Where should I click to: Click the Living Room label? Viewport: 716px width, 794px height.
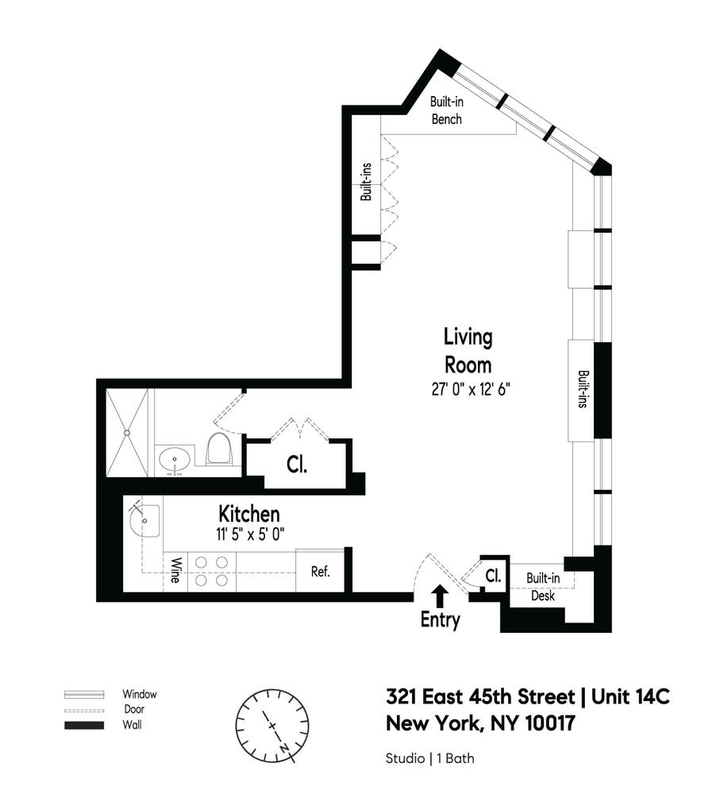coord(468,351)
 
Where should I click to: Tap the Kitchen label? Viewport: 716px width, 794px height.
coord(249,514)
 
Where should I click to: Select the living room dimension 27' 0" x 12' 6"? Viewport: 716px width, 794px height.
coord(471,389)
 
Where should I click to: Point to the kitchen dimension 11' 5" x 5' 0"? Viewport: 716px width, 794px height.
coord(248,534)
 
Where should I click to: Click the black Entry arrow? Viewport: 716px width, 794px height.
coord(440,596)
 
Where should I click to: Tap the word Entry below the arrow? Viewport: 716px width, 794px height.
coord(440,619)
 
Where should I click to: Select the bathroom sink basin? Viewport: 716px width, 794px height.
coord(175,461)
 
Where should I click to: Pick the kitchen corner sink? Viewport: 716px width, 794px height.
coord(144,521)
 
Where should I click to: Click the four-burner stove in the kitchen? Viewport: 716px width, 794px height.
coord(212,571)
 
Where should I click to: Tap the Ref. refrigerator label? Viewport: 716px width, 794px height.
coord(321,572)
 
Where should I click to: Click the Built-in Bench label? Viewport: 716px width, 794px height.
coord(447,110)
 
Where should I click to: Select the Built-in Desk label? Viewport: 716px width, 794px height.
coord(543,587)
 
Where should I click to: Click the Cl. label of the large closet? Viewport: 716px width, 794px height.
coord(297,464)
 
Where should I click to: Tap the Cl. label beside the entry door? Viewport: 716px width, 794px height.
coord(493,575)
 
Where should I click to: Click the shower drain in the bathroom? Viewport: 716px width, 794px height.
coord(127,433)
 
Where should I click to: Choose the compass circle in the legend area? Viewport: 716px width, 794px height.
coord(272,726)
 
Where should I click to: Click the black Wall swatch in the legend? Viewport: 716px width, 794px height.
coord(84,725)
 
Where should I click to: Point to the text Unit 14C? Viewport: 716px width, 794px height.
coord(630,697)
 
